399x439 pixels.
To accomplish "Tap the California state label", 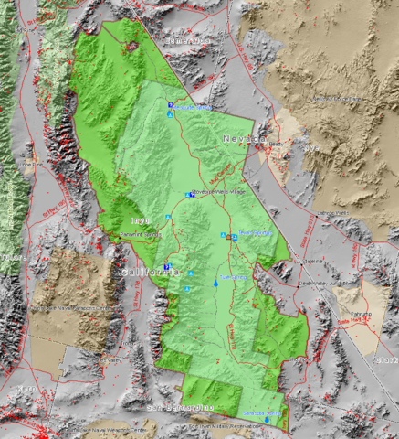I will (152, 273).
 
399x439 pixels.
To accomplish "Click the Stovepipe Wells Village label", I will (219, 192).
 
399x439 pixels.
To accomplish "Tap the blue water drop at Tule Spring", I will (215, 285).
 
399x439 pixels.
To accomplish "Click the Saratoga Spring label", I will (263, 413).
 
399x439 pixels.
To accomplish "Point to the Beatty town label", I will (275, 144).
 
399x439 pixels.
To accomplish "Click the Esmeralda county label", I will (182, 40).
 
